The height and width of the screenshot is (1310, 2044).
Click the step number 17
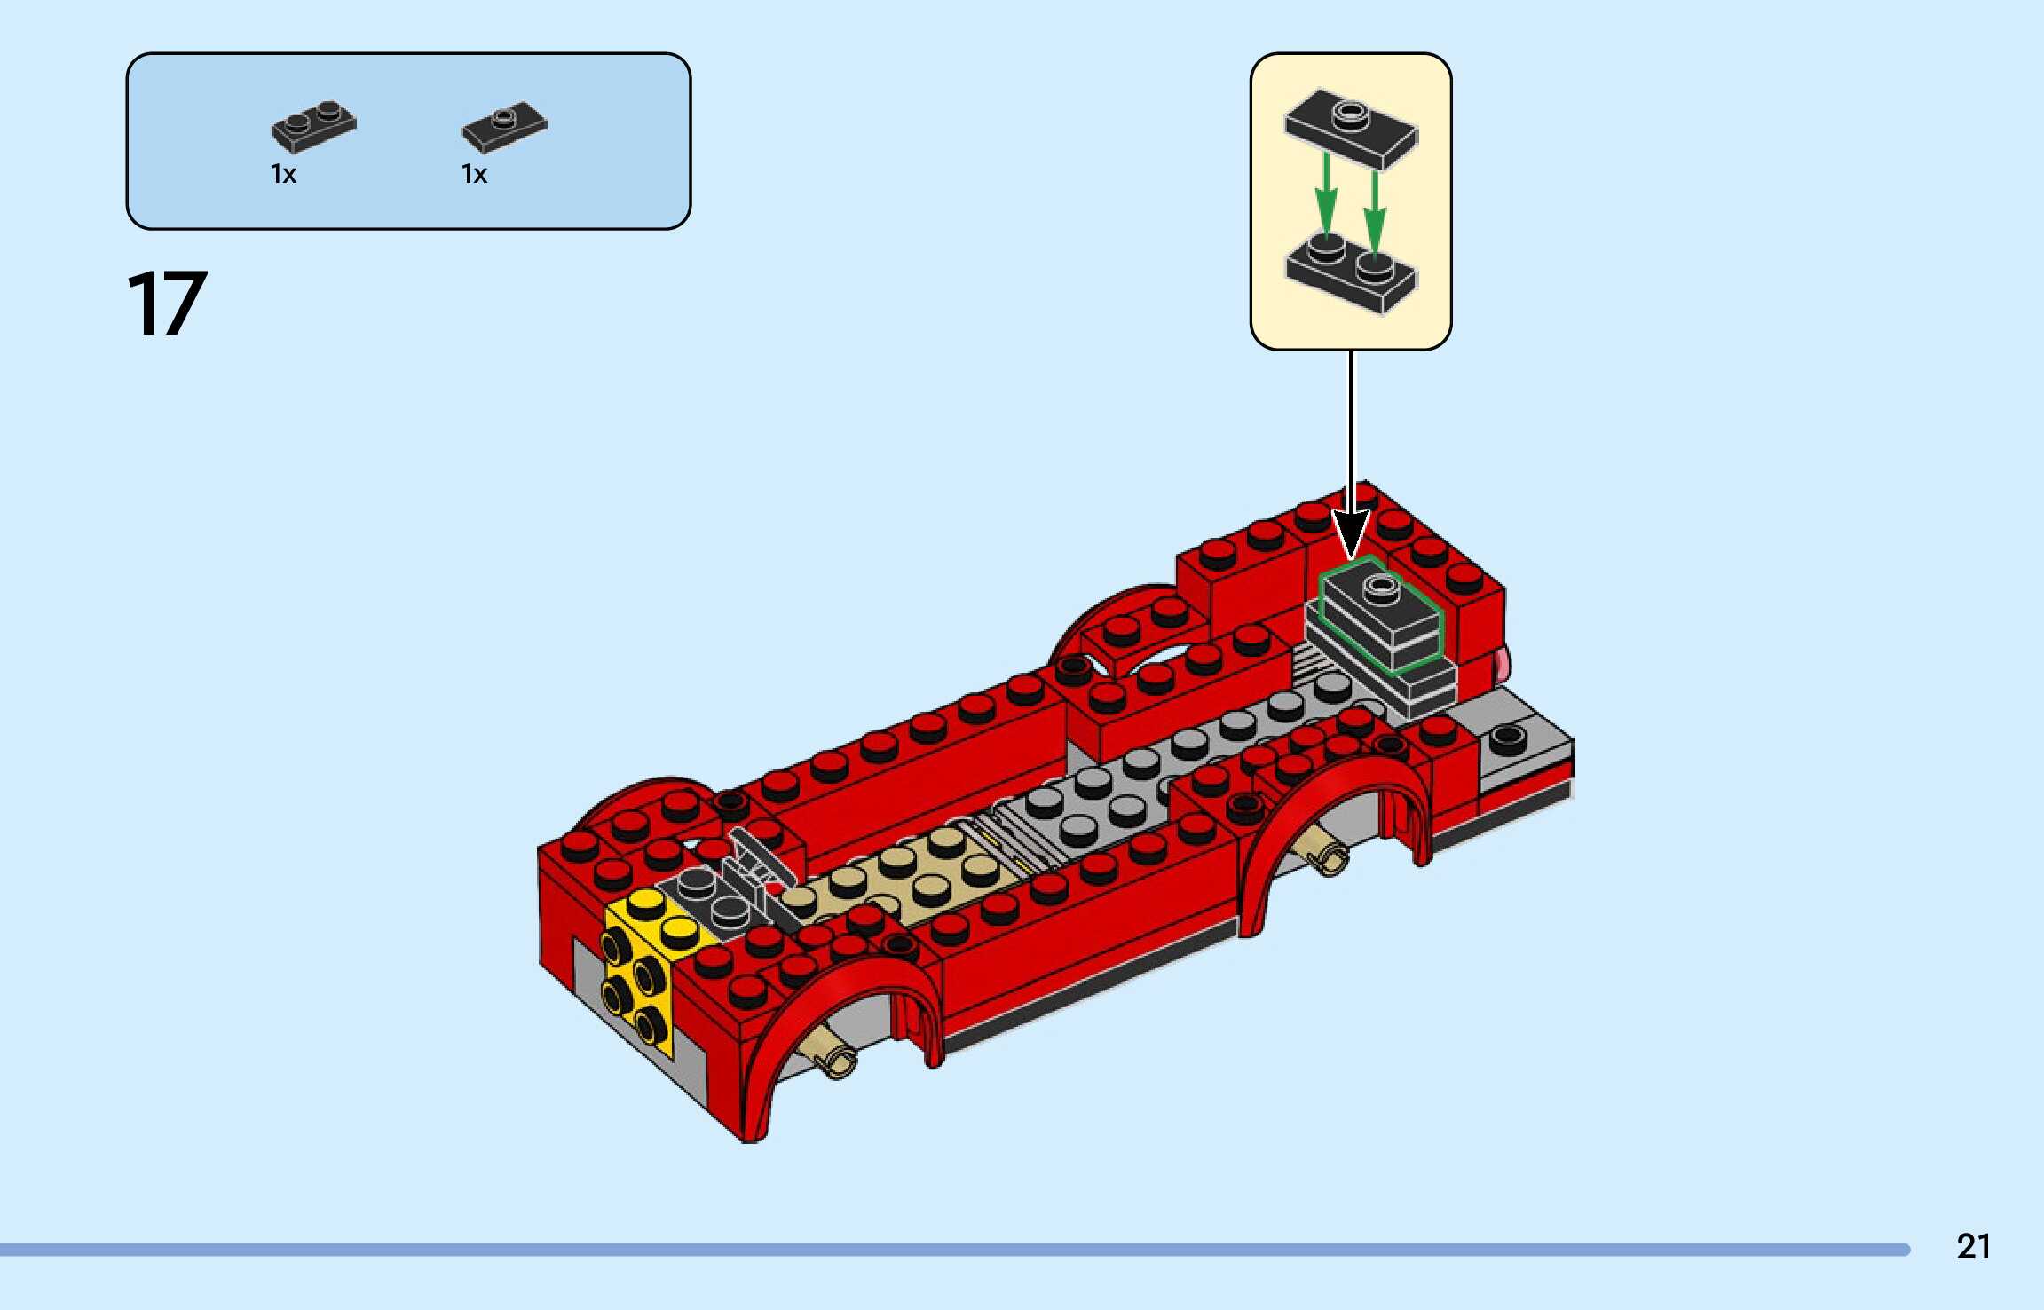(168, 304)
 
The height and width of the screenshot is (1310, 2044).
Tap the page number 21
(1973, 1246)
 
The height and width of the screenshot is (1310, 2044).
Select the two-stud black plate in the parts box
(314, 126)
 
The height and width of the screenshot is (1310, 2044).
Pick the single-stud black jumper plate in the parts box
(504, 127)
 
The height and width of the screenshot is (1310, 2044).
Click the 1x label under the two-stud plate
(283, 174)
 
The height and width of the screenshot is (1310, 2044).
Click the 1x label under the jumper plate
(474, 174)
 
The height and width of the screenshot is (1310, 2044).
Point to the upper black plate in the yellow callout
(1351, 128)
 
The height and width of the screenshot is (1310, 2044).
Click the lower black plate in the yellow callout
(1351, 270)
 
